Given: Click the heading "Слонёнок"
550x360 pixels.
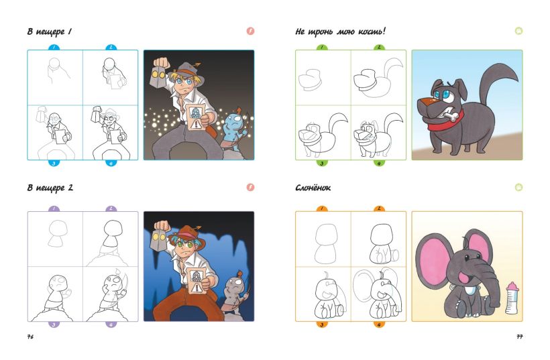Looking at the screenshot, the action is (x=313, y=188).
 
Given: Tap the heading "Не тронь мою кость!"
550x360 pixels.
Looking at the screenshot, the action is (x=340, y=32).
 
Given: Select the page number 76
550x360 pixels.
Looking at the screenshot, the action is (x=30, y=337).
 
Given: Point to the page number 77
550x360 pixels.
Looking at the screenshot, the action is (x=520, y=337).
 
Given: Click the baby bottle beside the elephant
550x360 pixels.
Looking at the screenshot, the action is (x=512, y=298).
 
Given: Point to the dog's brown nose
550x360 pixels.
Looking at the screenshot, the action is (x=425, y=102).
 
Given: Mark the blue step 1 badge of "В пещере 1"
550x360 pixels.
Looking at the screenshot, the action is (x=54, y=48).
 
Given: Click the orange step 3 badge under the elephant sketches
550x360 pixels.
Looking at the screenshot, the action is (x=322, y=324).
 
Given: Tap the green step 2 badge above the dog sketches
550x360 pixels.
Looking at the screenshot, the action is (x=379, y=48).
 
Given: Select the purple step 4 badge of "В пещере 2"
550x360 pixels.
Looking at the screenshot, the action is (x=111, y=324).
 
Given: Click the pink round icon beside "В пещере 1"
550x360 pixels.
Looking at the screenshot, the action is (x=250, y=32).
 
